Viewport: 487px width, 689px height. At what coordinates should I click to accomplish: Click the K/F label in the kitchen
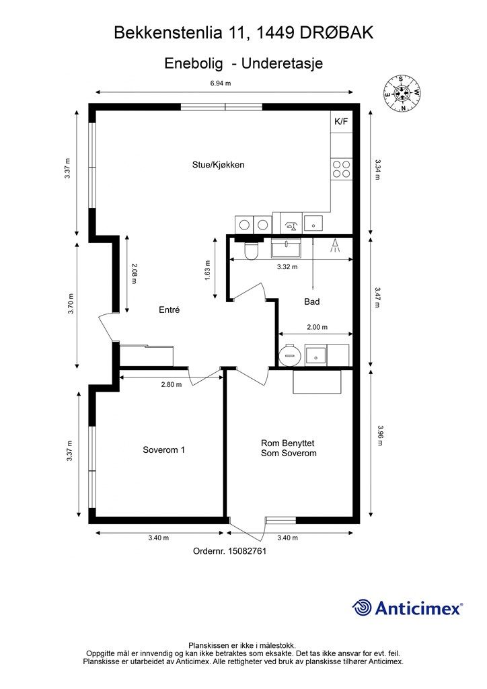[x=341, y=121]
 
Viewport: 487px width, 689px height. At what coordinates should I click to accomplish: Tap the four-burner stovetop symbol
[x=341, y=169]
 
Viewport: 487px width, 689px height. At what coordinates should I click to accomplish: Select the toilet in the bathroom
[x=251, y=251]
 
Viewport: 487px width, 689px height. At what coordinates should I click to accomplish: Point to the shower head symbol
[x=335, y=246]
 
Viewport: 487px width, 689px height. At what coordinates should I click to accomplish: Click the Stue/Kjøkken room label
[x=218, y=165]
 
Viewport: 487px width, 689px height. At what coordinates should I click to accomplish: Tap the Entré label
[x=169, y=310]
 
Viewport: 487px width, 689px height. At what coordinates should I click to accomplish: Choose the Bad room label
[x=312, y=301]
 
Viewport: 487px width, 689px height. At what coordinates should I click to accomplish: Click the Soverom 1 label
[x=164, y=449]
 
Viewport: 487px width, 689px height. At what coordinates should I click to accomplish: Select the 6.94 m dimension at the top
[x=221, y=83]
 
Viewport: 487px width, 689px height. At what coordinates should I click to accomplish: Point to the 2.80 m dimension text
[x=172, y=384]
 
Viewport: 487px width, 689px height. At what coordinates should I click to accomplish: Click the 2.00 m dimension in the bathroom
[x=317, y=327]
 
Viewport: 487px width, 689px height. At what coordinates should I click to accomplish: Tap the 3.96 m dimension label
[x=380, y=435]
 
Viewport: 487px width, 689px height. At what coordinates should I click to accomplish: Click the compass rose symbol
[x=402, y=93]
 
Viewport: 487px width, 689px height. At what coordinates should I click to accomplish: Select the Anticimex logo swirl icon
[x=362, y=608]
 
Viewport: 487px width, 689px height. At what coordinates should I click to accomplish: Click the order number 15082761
[x=248, y=550]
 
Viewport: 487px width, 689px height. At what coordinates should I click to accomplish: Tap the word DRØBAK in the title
[x=337, y=32]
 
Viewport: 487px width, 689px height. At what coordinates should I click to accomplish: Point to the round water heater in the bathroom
[x=290, y=355]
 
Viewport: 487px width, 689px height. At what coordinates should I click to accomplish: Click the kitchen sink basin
[x=313, y=224]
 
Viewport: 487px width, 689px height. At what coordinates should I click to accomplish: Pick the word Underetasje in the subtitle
[x=283, y=63]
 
